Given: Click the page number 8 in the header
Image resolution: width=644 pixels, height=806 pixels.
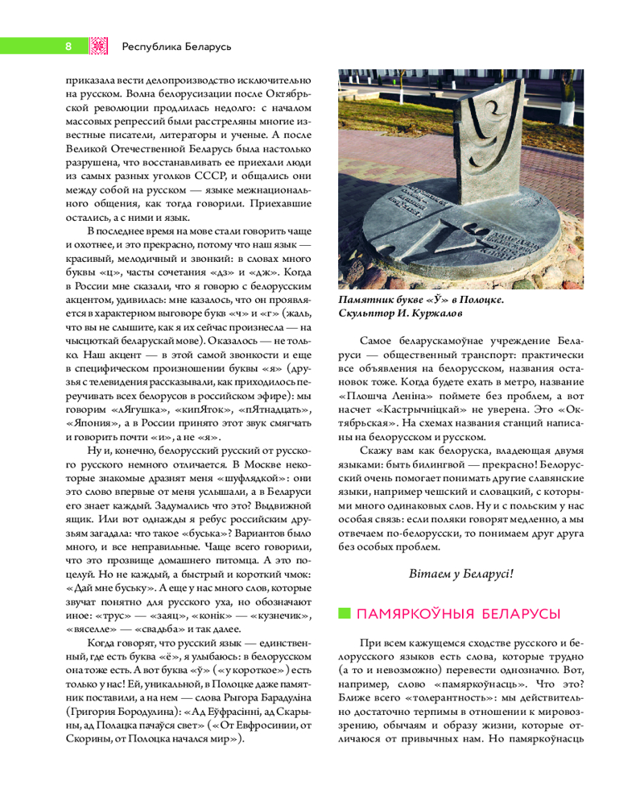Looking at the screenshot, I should pos(68,46).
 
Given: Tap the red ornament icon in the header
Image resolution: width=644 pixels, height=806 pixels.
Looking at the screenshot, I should pos(98,46).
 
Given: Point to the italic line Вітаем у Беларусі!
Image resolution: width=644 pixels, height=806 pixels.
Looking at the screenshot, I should pos(460,574).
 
